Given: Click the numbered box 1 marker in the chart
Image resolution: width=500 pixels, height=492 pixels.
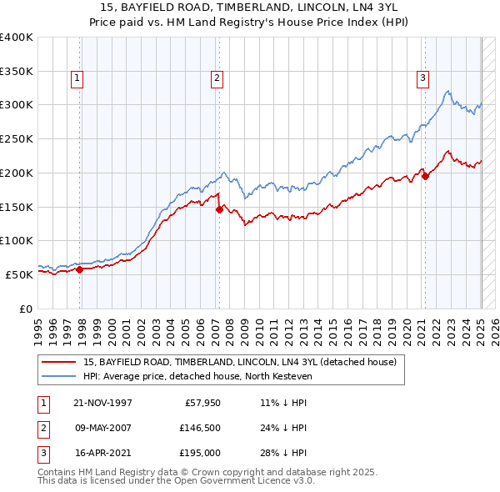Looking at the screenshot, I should point(77,78).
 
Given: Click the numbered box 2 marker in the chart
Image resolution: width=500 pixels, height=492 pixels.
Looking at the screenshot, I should point(217,78).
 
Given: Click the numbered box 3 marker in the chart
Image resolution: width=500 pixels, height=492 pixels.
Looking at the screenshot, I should point(422,78).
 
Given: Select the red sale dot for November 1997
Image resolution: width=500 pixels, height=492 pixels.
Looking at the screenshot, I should point(80,269).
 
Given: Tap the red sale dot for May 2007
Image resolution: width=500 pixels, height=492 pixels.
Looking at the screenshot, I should point(219,210).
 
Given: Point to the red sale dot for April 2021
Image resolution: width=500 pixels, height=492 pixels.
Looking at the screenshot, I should point(425,176).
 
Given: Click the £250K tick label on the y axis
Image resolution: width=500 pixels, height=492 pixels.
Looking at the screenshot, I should point(17,138).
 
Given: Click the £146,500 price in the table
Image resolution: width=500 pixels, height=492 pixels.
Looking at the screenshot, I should point(196,428).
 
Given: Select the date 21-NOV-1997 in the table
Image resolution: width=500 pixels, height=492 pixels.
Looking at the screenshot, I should point(102,403).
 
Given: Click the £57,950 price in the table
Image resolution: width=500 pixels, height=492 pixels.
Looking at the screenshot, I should point(198,403).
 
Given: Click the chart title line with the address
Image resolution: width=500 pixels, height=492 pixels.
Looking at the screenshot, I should point(249,7).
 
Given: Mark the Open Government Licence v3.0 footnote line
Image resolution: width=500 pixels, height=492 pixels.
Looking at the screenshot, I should point(176,481).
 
